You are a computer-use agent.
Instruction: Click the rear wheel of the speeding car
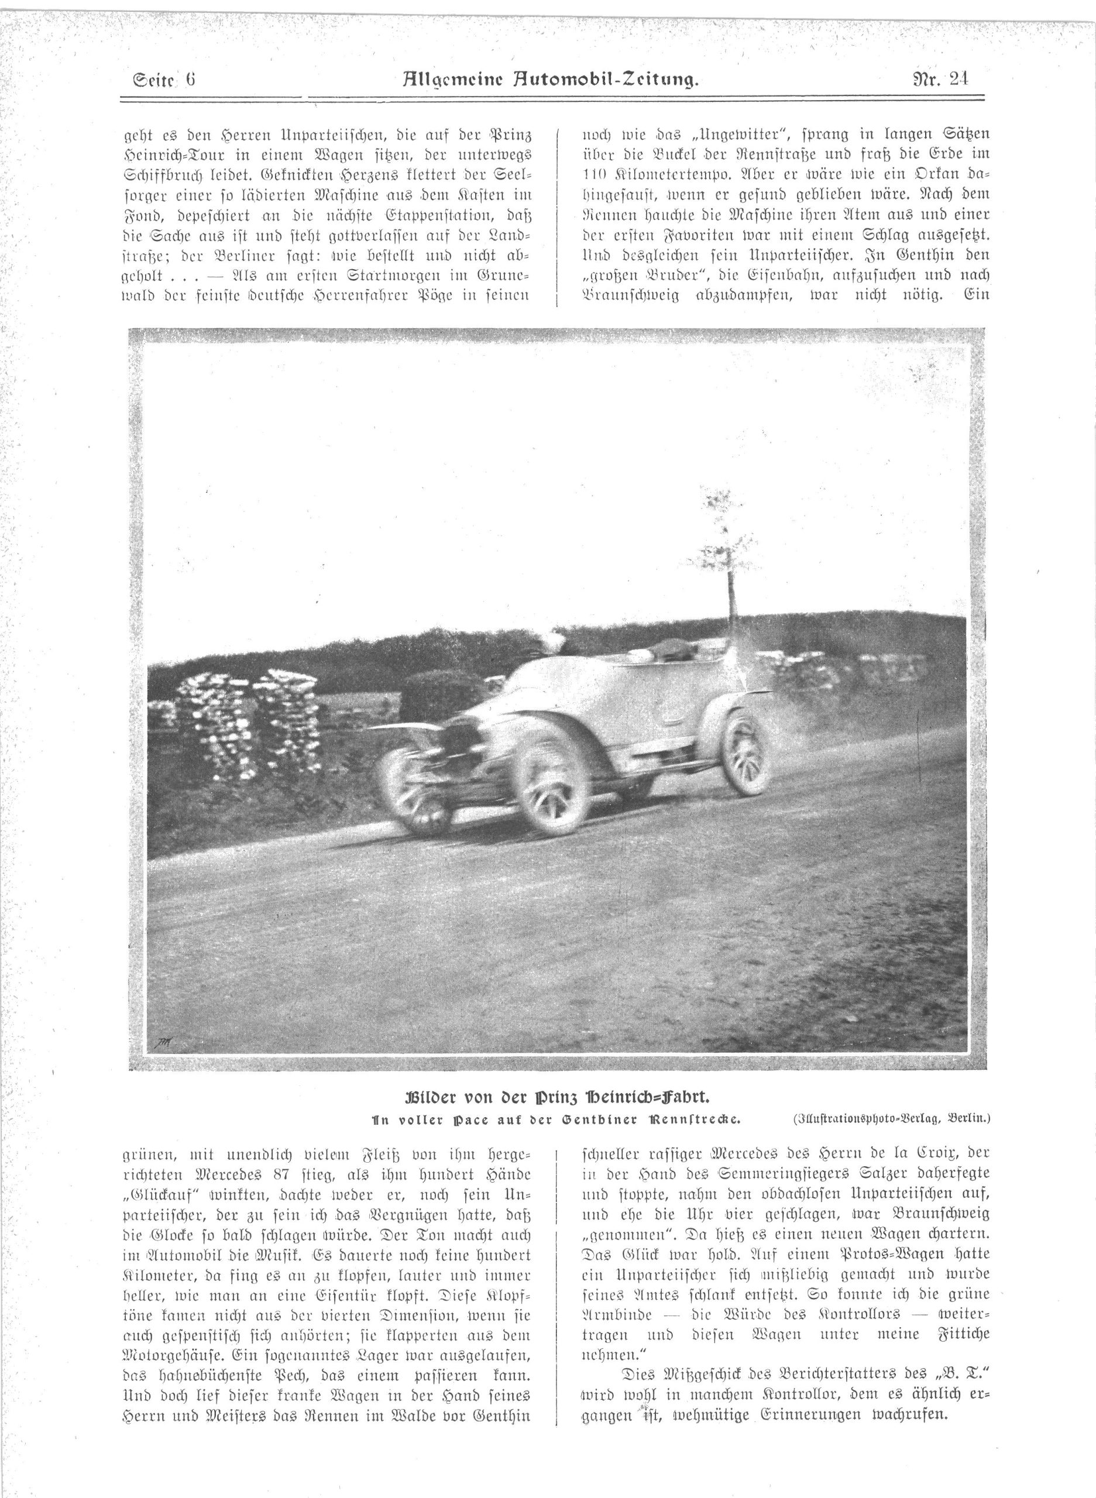(748, 754)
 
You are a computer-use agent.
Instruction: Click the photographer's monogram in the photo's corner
(163, 1042)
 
